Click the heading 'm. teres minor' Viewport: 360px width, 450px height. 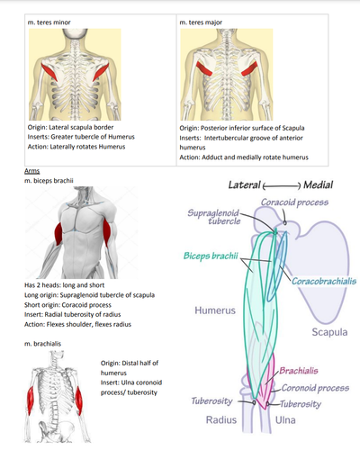[49, 22]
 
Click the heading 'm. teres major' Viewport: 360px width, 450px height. [201, 22]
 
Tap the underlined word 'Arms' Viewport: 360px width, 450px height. [32, 171]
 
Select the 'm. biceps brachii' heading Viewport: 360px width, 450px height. [49, 181]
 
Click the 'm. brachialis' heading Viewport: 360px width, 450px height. [42, 344]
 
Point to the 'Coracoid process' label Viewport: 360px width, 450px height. [294, 202]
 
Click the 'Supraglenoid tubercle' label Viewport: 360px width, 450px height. [214, 217]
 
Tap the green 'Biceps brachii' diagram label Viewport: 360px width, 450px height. [211, 256]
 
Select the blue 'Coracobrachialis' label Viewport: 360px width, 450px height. [324, 281]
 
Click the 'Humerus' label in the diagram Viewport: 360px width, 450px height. [215, 310]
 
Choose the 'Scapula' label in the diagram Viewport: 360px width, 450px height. [329, 332]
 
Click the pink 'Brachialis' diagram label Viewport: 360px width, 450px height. [299, 371]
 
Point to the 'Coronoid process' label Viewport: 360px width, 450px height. [315, 388]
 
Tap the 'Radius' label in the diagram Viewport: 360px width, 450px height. [221, 419]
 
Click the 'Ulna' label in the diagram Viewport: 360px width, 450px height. [285, 419]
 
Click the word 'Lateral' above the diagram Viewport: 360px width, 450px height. [244, 184]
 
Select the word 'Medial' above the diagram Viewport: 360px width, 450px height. [318, 184]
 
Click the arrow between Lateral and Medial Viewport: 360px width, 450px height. [282, 186]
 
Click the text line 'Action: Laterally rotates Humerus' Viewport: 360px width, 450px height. [76, 147]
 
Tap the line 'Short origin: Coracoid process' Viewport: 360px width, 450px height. [67, 305]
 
